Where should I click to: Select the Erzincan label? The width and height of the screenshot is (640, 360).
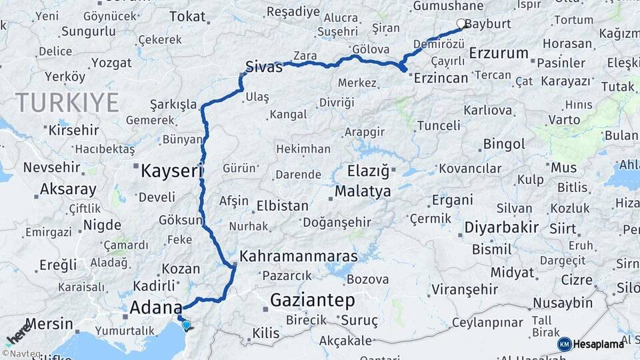pyautogui.click(x=441, y=78)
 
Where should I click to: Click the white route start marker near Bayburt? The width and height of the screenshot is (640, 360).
pyautogui.click(x=461, y=23)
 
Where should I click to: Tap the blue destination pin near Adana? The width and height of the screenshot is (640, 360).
pyautogui.click(x=186, y=325)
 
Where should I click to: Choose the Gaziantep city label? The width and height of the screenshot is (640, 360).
pyautogui.click(x=312, y=301)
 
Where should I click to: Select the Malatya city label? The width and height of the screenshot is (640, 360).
pyautogui.click(x=363, y=192)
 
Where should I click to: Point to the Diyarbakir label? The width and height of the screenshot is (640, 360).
pyautogui.click(x=501, y=227)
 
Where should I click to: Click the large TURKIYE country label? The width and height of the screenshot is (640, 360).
pyautogui.click(x=67, y=103)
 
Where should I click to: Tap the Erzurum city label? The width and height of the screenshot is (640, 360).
pyautogui.click(x=499, y=53)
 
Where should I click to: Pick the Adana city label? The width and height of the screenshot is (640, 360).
pyautogui.click(x=155, y=308)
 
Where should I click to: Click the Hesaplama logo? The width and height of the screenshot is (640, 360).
pyautogui.click(x=591, y=344)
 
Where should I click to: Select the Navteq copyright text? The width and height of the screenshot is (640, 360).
pyautogui.click(x=20, y=353)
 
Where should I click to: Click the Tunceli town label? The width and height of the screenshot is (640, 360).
pyautogui.click(x=438, y=125)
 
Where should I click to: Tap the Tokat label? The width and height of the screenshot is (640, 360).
pyautogui.click(x=187, y=17)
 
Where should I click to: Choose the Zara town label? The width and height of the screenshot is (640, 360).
pyautogui.click(x=305, y=56)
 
